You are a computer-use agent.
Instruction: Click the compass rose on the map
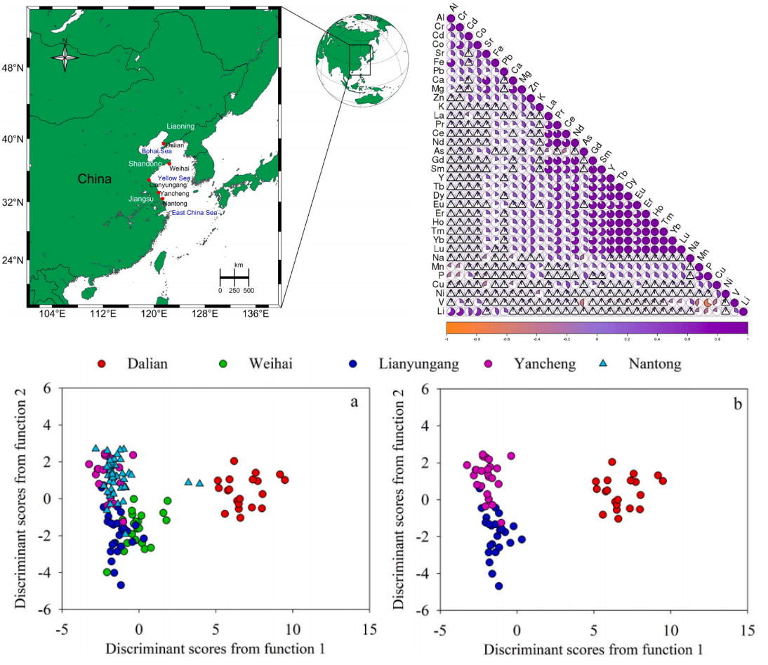point(65,55)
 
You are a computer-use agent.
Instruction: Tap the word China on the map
point(94,179)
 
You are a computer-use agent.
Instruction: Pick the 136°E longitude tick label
point(255,314)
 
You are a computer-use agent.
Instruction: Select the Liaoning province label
point(181,126)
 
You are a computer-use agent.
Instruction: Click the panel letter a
point(355,402)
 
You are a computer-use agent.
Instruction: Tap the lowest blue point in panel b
point(499,586)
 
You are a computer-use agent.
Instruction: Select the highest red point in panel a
point(234,461)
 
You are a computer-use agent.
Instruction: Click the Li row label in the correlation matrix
point(440,311)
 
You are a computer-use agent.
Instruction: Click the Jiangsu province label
point(141,199)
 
